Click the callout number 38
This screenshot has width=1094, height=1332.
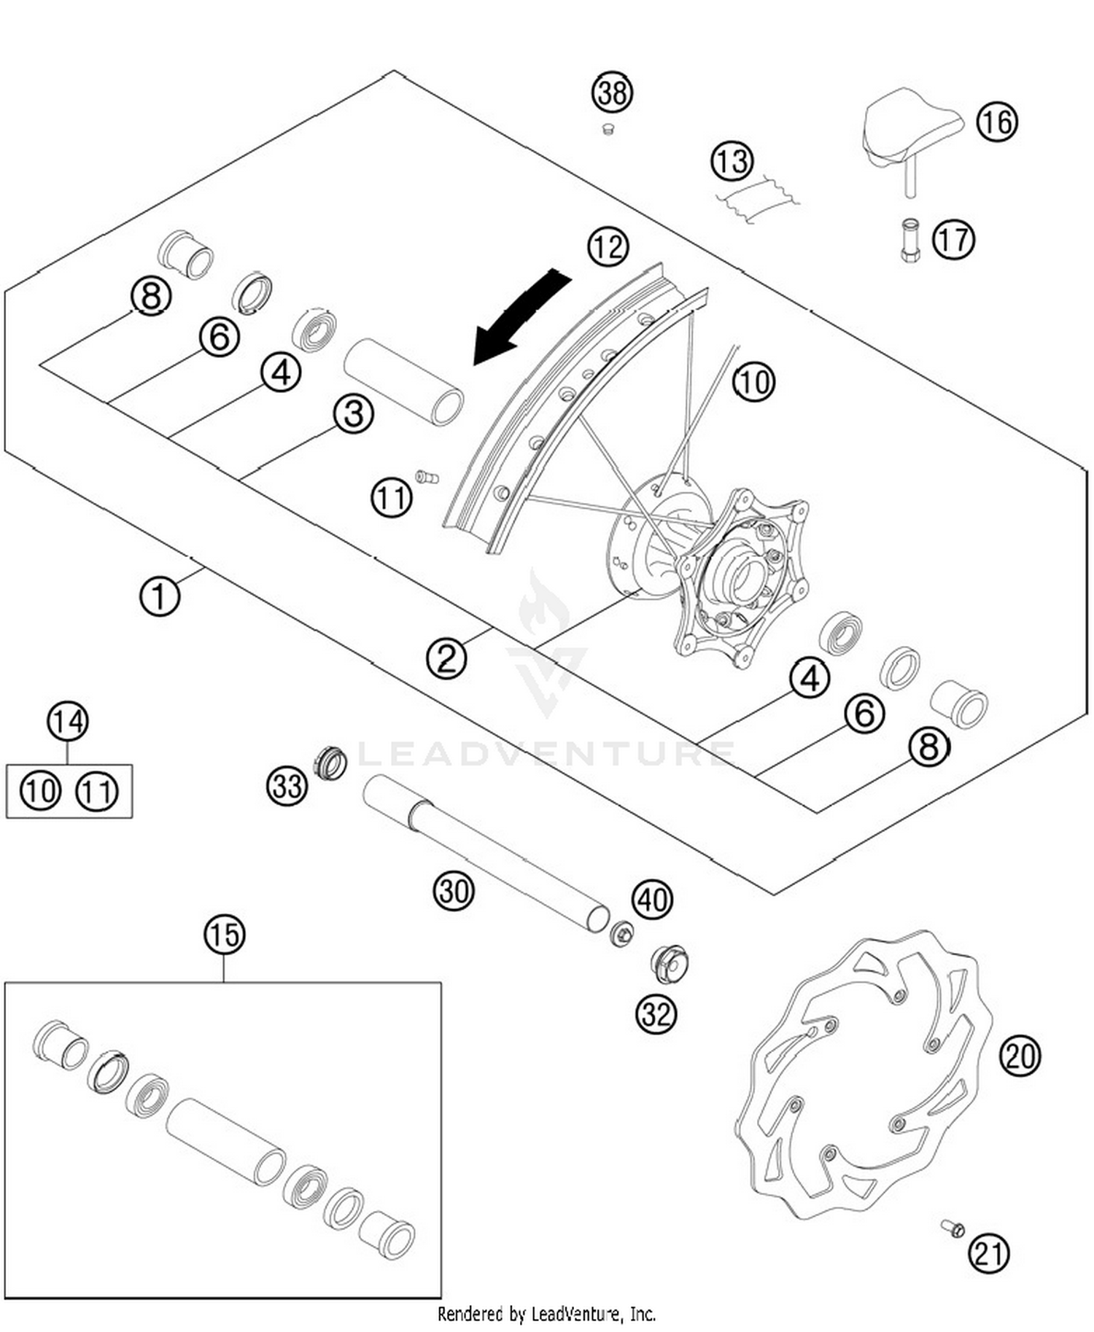pyautogui.click(x=612, y=93)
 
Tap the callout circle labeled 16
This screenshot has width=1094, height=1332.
pyautogui.click(x=997, y=121)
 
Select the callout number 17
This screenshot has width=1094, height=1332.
pyautogui.click(x=954, y=239)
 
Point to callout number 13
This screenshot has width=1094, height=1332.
pyautogui.click(x=732, y=160)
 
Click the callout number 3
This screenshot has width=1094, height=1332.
pyautogui.click(x=354, y=414)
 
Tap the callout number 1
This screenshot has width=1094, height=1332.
pyautogui.click(x=159, y=596)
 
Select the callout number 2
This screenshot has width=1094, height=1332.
pyautogui.click(x=446, y=658)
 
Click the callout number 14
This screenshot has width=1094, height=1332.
pyautogui.click(x=68, y=722)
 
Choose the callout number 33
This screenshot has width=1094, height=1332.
pyautogui.click(x=287, y=786)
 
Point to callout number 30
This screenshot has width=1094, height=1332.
pyautogui.click(x=454, y=890)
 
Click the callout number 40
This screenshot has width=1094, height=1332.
pyautogui.click(x=652, y=899)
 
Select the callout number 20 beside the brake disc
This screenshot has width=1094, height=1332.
pyautogui.click(x=1020, y=1055)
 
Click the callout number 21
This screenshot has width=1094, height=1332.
pyautogui.click(x=989, y=1253)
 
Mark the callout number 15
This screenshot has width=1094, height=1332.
pyautogui.click(x=225, y=934)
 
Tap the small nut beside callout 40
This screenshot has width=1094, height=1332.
pyautogui.click(x=621, y=934)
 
